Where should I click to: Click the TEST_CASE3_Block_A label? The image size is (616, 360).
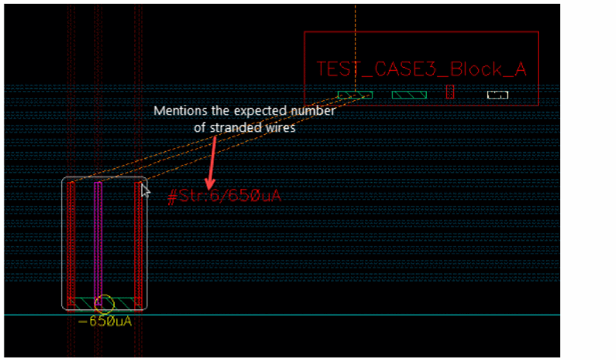(x=421, y=69)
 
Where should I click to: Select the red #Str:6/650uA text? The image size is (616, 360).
(x=225, y=195)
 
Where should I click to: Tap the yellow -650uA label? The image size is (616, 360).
(x=105, y=321)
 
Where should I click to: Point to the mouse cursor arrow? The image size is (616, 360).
(x=145, y=191)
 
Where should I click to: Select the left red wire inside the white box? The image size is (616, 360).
(x=71, y=246)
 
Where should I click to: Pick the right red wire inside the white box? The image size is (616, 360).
(x=139, y=246)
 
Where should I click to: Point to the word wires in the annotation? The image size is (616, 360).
(x=282, y=128)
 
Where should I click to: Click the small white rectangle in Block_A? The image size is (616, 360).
(x=497, y=95)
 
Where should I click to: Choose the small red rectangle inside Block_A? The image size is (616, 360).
(x=450, y=92)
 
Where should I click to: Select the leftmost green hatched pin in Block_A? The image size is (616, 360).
(x=355, y=95)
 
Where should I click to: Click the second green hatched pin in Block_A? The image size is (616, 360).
(x=409, y=95)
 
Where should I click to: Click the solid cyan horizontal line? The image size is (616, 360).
(x=282, y=315)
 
